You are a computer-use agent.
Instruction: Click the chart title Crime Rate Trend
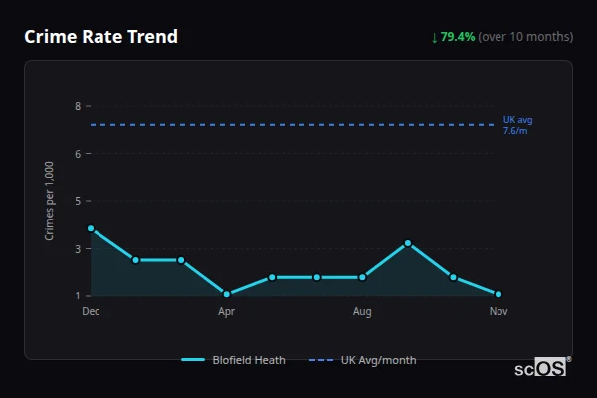100,37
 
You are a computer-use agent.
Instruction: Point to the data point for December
91,228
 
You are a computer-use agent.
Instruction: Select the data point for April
227,294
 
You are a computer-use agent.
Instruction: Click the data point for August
362,277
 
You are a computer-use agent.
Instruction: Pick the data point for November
498,294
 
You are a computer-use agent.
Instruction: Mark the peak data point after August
408,243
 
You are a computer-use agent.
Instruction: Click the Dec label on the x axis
91,311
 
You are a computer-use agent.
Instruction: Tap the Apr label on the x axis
227,311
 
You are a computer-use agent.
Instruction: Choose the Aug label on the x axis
362,311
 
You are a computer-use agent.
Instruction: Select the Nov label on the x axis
498,311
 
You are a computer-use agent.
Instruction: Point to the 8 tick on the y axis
77,106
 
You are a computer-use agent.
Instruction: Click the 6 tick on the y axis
77,154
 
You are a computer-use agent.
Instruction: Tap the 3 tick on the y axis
77,248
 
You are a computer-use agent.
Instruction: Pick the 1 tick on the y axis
77,296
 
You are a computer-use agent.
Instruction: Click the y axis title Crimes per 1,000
50,201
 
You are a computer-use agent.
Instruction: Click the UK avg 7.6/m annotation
517,125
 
